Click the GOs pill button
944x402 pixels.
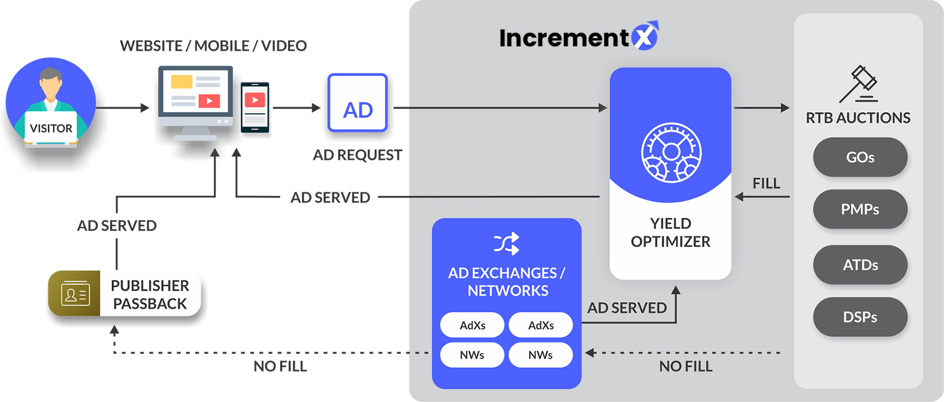860,157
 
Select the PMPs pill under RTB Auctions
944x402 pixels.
860,209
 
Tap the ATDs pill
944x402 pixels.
860,265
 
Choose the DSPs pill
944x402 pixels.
860,317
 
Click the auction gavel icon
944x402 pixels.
859,84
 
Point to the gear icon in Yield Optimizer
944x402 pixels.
671,153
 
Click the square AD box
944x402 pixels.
358,103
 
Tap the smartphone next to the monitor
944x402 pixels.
255,107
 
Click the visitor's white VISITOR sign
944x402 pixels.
51,128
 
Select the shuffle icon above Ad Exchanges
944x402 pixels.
507,244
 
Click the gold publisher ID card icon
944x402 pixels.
75,293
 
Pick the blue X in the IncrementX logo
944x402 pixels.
645,36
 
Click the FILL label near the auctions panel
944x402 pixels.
766,183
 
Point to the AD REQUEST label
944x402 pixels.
358,155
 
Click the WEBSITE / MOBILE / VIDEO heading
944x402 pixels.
213,46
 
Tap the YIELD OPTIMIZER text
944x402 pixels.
670,232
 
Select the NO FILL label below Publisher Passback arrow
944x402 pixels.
280,366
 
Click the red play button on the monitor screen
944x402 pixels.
209,100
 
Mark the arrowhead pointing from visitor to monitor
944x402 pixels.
145,108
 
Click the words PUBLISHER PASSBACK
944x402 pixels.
150,294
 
